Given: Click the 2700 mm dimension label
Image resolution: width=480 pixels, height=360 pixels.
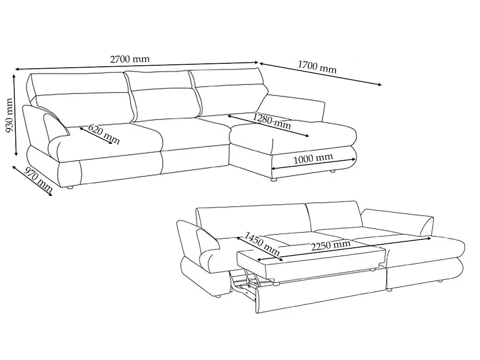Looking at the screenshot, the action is [130, 59].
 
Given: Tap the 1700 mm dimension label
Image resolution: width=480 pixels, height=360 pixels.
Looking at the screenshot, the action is [317, 67].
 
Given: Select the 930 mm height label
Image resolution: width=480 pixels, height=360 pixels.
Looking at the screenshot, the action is [9, 115].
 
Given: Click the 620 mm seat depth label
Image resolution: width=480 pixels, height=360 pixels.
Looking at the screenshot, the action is [104, 135].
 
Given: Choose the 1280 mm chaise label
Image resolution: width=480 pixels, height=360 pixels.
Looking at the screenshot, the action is [272, 121].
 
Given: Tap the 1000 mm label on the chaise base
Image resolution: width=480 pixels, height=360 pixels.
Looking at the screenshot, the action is [313, 158].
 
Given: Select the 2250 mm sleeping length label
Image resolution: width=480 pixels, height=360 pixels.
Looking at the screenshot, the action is [331, 245].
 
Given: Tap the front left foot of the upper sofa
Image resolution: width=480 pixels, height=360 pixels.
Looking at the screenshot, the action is [71, 188].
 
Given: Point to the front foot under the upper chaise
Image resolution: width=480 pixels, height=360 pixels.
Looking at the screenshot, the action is [274, 180].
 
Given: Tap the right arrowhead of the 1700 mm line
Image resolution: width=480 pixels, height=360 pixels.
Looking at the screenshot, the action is [380, 85].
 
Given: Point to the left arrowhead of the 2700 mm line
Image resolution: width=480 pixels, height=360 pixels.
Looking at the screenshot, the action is [17, 69].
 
